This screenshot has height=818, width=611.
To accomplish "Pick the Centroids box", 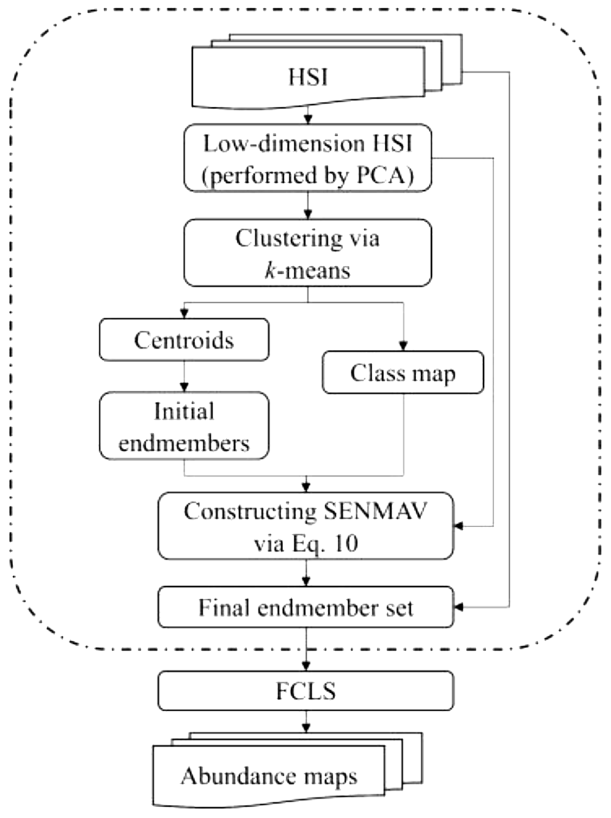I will [184, 339].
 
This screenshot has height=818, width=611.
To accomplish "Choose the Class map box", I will [403, 372].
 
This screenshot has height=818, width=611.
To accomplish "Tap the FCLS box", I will [305, 691].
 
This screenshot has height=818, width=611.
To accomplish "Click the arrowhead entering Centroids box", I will [184, 314].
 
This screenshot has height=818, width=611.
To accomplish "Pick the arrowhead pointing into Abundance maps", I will [306, 728].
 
